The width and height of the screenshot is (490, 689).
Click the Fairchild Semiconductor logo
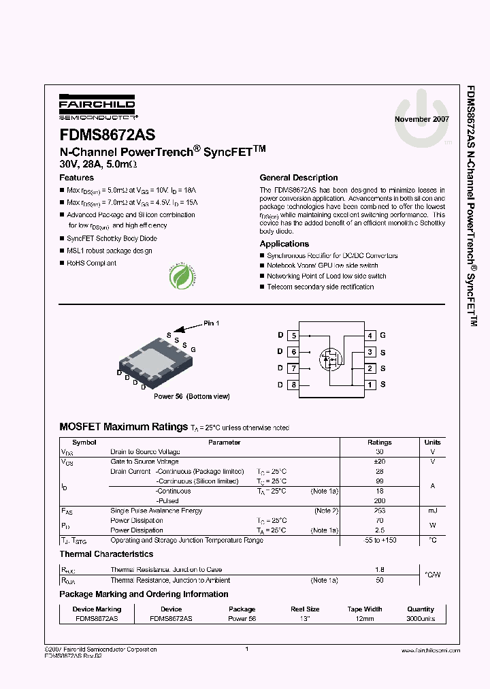97,107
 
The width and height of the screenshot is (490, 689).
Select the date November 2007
421,119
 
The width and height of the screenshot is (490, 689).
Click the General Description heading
299,178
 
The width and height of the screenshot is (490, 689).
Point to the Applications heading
284,244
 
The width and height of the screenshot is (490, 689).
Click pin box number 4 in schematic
370,336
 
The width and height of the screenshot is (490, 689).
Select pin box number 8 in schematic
293,385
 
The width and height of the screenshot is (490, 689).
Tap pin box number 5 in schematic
293,336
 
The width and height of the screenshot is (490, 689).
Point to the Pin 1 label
211,323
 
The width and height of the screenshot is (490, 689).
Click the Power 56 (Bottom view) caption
191,396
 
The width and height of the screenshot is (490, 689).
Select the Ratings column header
380,443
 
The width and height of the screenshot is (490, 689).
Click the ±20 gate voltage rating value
380,462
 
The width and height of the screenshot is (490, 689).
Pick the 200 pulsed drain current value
380,500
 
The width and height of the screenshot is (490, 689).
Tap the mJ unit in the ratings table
432,511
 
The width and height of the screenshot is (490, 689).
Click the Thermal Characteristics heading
106,554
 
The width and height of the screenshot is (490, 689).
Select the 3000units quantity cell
421,619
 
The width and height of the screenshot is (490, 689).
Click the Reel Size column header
304,609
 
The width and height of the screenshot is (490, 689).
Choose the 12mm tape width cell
365,619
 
